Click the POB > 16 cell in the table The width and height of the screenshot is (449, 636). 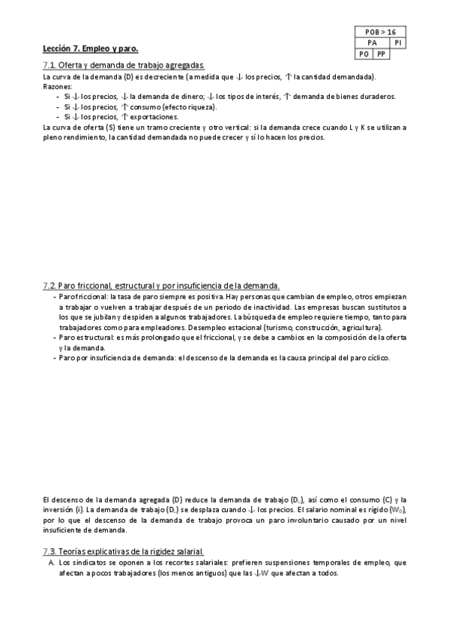point(381,33)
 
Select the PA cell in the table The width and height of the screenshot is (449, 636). point(373,43)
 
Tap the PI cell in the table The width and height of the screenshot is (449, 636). point(399,43)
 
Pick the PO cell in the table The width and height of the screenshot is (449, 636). point(364,54)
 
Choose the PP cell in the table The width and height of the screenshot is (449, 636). point(382,54)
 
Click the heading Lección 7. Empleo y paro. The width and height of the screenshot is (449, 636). point(91,49)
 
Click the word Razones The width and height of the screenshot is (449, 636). point(55,86)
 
